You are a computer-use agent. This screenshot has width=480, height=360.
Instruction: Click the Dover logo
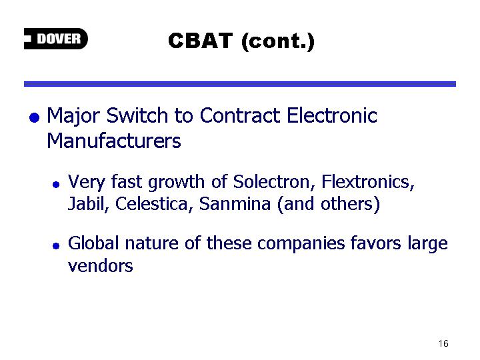56,39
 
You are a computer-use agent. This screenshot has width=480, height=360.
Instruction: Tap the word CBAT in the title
200,41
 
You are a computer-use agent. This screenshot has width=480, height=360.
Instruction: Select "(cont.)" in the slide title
278,41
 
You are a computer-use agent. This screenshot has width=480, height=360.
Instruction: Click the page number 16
443,343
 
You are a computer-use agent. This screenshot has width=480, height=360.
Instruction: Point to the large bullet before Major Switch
34,117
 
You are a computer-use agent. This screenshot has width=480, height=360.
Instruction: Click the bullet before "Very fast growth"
56,184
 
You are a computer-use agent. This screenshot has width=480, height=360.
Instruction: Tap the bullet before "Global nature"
56,245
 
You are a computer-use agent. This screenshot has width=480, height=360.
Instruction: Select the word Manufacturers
113,141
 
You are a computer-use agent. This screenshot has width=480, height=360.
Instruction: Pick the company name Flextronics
368,181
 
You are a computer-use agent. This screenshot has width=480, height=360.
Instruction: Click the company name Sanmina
235,203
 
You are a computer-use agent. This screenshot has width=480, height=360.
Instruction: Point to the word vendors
101,265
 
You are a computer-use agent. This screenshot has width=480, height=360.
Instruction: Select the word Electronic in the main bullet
332,116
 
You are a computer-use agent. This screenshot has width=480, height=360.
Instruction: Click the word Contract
240,116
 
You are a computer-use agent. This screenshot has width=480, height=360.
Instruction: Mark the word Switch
137,116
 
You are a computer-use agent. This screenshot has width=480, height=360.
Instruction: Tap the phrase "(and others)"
329,204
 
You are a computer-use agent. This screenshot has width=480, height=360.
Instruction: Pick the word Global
93,243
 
